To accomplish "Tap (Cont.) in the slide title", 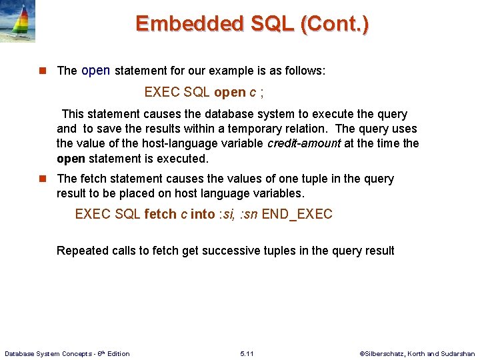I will (x=335, y=24).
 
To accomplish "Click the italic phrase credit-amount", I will (x=304, y=144).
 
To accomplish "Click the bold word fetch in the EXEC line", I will (x=160, y=215).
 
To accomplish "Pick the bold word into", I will (x=203, y=215).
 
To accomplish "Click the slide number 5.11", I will (x=247, y=353).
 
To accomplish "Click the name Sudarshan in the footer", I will (x=459, y=354).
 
